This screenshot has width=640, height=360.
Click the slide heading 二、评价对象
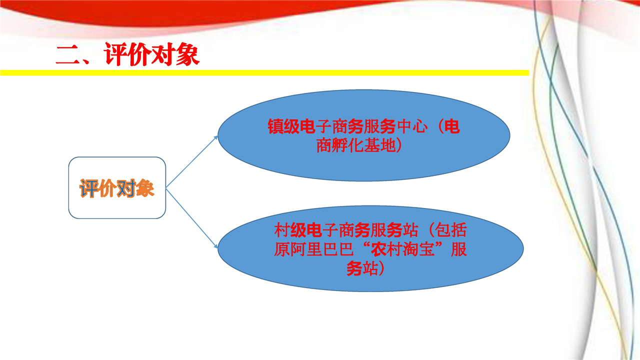point(127,54)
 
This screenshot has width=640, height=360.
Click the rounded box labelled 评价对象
point(117,187)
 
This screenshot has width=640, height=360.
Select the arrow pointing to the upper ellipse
point(191,162)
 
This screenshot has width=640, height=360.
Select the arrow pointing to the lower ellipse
point(192,218)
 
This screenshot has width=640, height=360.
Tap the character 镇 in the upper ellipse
point(275,126)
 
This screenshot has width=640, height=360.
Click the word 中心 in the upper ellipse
point(412,126)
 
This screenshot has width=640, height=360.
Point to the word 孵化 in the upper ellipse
point(347,145)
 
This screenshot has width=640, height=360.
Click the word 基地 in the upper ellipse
point(379,145)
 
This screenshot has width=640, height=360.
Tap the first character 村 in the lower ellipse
point(281,230)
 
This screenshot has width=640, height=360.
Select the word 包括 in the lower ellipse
point(451,230)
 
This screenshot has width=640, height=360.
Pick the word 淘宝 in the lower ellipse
point(419,249)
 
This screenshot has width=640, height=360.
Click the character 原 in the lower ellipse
point(281,249)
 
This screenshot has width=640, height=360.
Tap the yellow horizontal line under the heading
point(264,73)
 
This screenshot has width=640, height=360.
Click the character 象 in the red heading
point(187,54)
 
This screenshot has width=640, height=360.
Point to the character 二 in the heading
point(67,55)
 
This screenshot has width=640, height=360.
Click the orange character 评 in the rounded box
point(89,188)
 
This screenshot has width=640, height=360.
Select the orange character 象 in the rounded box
point(145,188)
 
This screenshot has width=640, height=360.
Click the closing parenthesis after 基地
point(399,145)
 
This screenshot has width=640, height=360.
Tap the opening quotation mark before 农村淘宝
point(365,245)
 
